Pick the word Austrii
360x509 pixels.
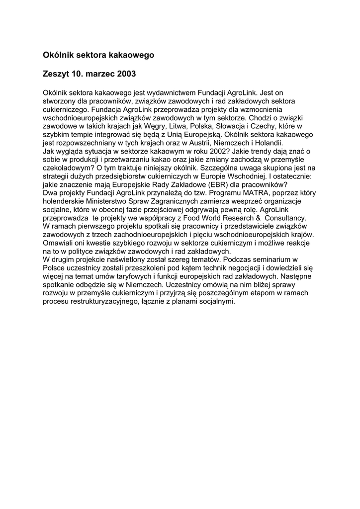(x=212, y=142)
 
